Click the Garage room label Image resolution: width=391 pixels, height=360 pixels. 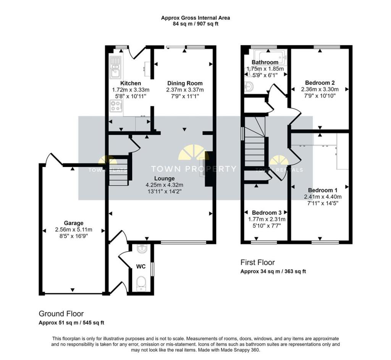[74, 223]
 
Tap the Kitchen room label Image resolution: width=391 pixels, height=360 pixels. [131, 83]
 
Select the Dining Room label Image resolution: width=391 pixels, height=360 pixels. [185, 83]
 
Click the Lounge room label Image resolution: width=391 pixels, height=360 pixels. [164, 178]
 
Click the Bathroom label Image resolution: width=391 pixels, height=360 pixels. [265, 63]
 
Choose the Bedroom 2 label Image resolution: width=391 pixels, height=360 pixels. [320, 83]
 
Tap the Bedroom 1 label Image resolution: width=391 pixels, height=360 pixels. [322, 190]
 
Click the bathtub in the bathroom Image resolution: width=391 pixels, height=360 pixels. [270, 57]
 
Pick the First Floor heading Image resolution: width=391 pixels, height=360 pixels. [257, 262]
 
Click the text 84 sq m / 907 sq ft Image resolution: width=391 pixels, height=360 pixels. [195, 24]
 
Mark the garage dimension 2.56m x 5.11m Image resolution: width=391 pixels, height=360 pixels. [74, 230]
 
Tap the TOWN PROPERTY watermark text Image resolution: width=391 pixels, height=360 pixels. [194, 169]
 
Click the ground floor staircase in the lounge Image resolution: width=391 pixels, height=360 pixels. [119, 170]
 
